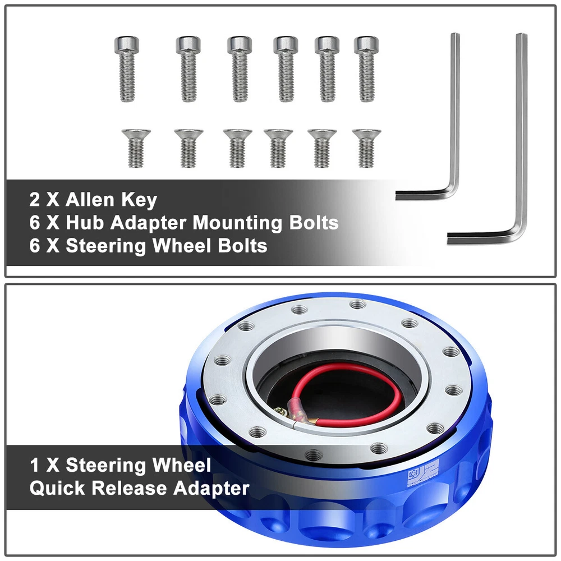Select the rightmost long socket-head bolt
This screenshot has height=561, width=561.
tap(366, 68)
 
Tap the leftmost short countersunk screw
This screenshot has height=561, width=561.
tap(136, 149)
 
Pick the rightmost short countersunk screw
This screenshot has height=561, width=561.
tap(366, 149)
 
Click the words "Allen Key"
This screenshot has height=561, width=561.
tap(111, 200)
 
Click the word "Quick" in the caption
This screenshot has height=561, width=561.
tap(57, 489)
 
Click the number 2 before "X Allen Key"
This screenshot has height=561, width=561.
tap(35, 200)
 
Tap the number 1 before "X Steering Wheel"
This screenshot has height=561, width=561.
tap(35, 465)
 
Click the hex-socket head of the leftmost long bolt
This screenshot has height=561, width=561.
tap(127, 45)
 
